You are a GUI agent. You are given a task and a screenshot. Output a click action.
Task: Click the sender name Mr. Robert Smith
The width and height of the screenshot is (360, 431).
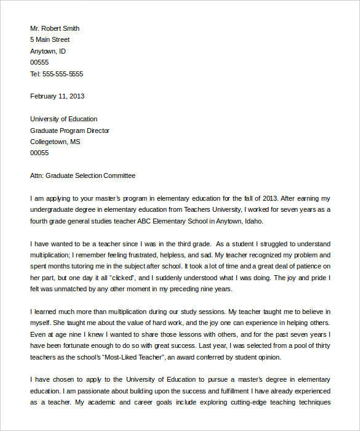point(55,28)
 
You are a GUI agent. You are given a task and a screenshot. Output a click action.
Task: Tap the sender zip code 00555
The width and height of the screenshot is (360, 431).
point(39,62)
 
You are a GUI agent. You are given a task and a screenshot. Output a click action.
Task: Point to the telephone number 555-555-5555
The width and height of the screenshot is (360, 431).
point(63,74)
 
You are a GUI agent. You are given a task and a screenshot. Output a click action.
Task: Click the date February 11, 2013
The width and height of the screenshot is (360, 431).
point(57,96)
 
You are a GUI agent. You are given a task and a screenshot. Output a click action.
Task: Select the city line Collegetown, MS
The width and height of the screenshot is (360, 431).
point(55,142)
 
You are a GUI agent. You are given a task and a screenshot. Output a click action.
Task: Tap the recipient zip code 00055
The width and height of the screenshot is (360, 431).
point(39,153)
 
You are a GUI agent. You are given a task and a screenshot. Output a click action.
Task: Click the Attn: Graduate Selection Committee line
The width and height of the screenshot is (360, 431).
point(82,175)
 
